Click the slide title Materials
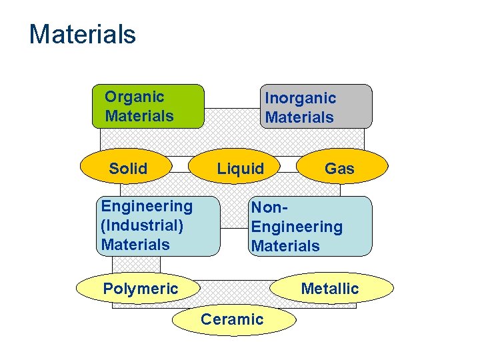pyautogui.click(x=82, y=34)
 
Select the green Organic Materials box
pyautogui.click(x=148, y=106)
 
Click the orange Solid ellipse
pyautogui.click(x=128, y=167)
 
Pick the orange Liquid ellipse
pyautogui.click(x=241, y=167)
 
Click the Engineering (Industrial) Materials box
pyautogui.click(x=159, y=226)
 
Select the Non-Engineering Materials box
pyautogui.click(x=310, y=226)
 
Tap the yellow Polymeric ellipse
pyautogui.click(x=139, y=289)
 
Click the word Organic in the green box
pyautogui.click(x=135, y=97)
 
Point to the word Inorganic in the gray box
pyautogui.click(x=301, y=98)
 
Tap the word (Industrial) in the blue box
pyautogui.click(x=142, y=225)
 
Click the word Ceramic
pyautogui.click(x=233, y=319)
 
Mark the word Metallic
pyautogui.click(x=330, y=289)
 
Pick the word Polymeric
pyautogui.click(x=141, y=289)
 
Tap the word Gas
pyautogui.click(x=339, y=169)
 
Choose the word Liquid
pyautogui.click(x=241, y=169)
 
